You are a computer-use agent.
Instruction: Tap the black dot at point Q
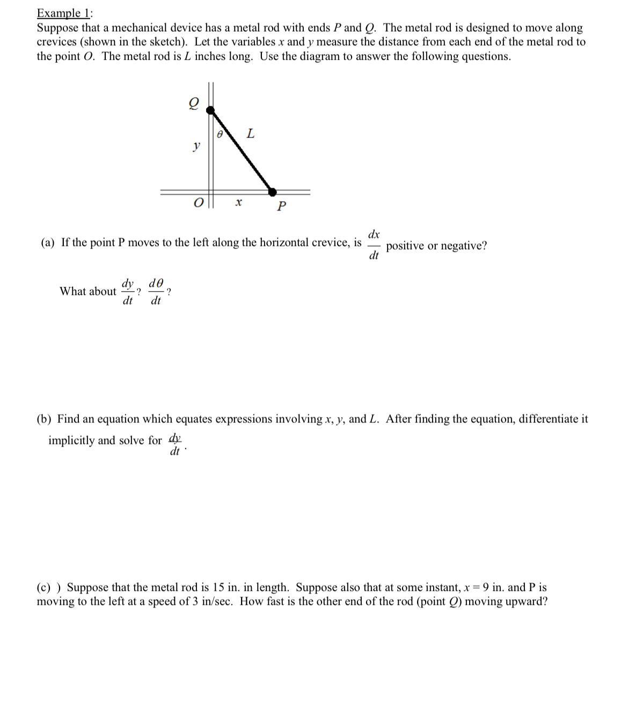(x=211, y=111)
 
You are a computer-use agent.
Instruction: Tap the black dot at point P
(x=272, y=191)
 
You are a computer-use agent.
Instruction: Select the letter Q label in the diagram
(x=193, y=103)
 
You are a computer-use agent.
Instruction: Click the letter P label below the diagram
(x=282, y=206)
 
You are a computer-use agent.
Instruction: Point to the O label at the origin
(x=199, y=203)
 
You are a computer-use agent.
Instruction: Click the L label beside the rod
(x=250, y=133)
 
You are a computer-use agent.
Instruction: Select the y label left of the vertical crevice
(x=197, y=145)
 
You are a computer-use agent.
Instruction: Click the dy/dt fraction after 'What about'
(x=128, y=291)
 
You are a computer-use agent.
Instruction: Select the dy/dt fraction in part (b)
(x=175, y=443)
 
